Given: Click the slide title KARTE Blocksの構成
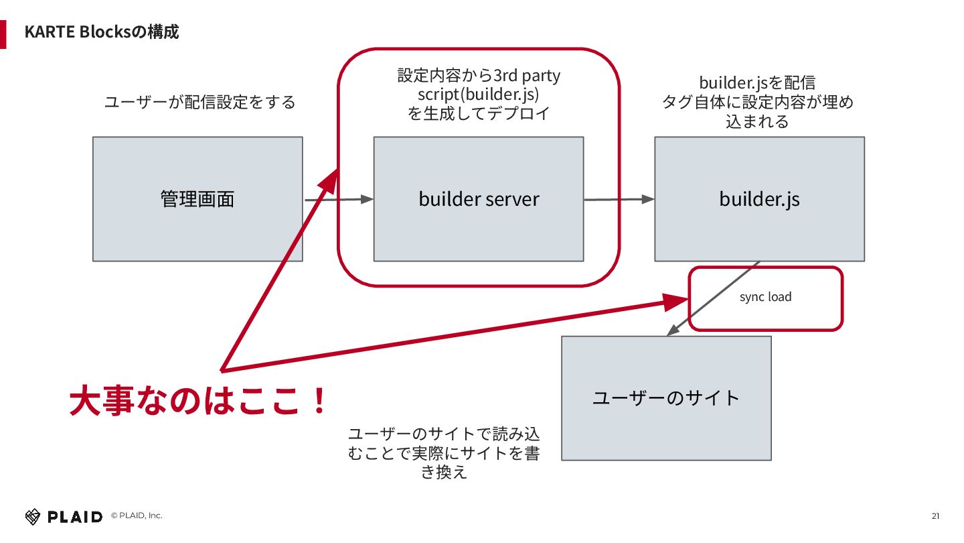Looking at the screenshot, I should [x=101, y=32].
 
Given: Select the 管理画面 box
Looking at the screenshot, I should [x=197, y=199].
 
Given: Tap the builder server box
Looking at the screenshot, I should [x=479, y=199].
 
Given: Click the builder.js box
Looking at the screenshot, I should [x=759, y=199].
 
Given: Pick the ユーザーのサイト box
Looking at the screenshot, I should [x=666, y=398].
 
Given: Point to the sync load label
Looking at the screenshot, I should [x=765, y=297].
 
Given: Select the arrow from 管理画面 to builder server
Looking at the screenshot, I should [x=338, y=199].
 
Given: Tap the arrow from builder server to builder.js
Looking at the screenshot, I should [x=619, y=199].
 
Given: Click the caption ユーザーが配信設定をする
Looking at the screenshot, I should [x=200, y=103].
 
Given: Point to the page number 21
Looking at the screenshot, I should [x=935, y=516].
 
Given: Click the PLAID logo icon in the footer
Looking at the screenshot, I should [x=33, y=516].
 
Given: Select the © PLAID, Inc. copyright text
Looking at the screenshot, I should [x=137, y=516].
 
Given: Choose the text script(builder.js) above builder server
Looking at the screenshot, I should [x=479, y=95].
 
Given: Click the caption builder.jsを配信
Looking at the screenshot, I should [x=757, y=83].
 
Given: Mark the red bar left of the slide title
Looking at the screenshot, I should [x=3, y=34].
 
